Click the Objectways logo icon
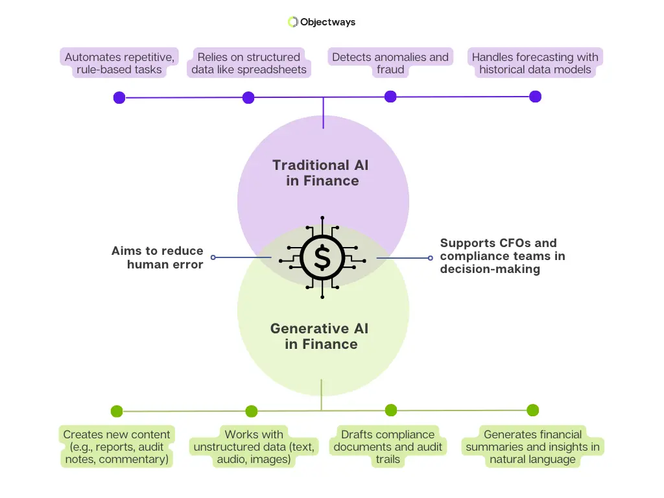[292, 22]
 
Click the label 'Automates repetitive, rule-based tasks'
[119, 64]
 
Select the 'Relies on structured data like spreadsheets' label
[249, 64]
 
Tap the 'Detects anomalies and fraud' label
[390, 64]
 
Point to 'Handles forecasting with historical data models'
[535, 64]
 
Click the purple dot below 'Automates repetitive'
[119, 98]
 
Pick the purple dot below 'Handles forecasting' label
[535, 97]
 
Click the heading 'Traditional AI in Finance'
[322, 172]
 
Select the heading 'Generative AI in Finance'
[321, 336]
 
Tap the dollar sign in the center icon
[322, 257]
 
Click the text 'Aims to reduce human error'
[158, 257]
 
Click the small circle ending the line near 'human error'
[213, 257]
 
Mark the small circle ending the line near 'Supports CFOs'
[430, 257]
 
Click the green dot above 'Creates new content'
[117, 411]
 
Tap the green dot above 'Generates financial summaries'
[532, 410]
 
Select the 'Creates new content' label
[117, 447]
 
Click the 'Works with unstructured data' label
[254, 447]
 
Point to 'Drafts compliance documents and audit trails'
[388, 447]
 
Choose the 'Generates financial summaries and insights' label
[532, 447]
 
